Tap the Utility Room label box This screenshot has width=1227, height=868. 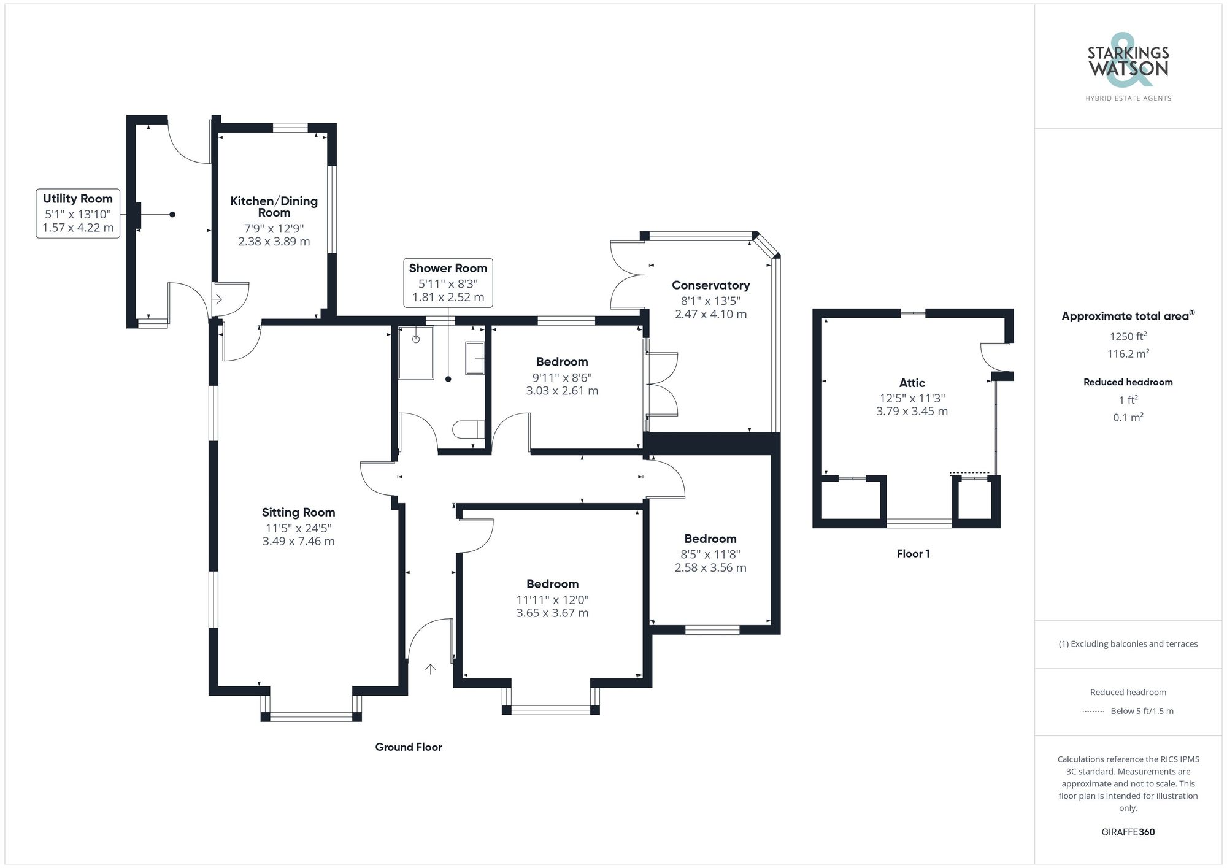coord(78,213)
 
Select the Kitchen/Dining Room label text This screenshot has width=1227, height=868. coord(274,207)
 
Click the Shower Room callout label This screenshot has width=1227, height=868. coord(448,283)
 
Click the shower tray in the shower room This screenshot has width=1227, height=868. coord(416,353)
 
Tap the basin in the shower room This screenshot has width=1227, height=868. coord(475,358)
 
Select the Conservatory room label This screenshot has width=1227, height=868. coord(710,285)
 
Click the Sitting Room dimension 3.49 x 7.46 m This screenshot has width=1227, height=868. coord(298,541)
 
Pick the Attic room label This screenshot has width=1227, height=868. coord(912,383)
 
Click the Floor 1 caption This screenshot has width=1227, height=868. coord(913,553)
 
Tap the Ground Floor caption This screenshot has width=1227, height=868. coord(409,747)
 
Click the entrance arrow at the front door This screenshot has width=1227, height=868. coord(431,669)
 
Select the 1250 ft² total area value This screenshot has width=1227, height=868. coord(1128,336)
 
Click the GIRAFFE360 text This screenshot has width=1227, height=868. coord(1128,832)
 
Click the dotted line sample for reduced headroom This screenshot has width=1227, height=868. coord(1093,712)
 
